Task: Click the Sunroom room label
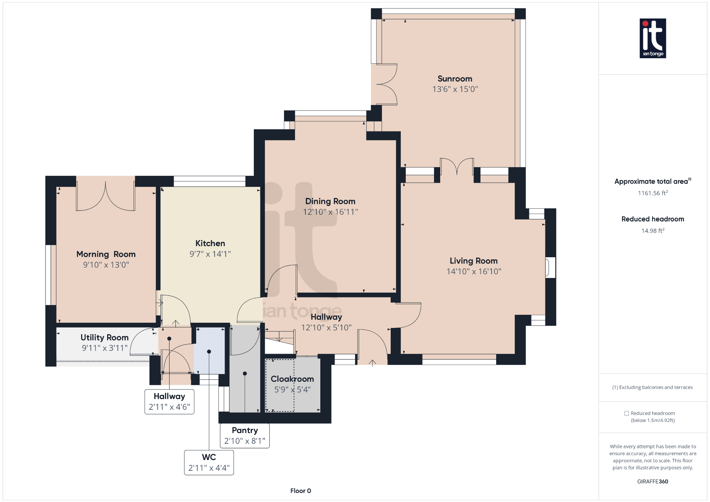[454, 79]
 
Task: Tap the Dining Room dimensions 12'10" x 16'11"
[330, 212]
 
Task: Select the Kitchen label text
[210, 243]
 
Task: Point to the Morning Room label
[106, 254]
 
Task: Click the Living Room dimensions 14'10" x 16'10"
[474, 271]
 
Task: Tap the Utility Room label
[104, 337]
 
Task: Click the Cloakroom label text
[292, 379]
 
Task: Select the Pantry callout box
[245, 435]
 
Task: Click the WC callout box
[209, 462]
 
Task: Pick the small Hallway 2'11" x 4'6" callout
[169, 401]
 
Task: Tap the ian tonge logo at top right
[652, 38]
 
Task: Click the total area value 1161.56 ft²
[652, 193]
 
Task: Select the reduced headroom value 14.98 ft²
[652, 231]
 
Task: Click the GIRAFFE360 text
[652, 482]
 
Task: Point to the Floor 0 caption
[301, 491]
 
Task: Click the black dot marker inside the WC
[209, 352]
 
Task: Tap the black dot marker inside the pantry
[245, 373]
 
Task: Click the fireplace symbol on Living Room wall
[549, 267]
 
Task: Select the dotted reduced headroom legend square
[626, 413]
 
